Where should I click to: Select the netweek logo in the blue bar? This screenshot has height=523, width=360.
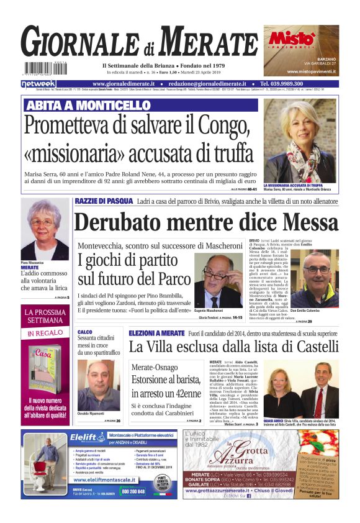pos(38,84)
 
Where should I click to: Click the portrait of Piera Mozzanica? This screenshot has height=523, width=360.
pos(45,230)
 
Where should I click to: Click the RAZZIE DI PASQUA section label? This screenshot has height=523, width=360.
pos(104,201)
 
